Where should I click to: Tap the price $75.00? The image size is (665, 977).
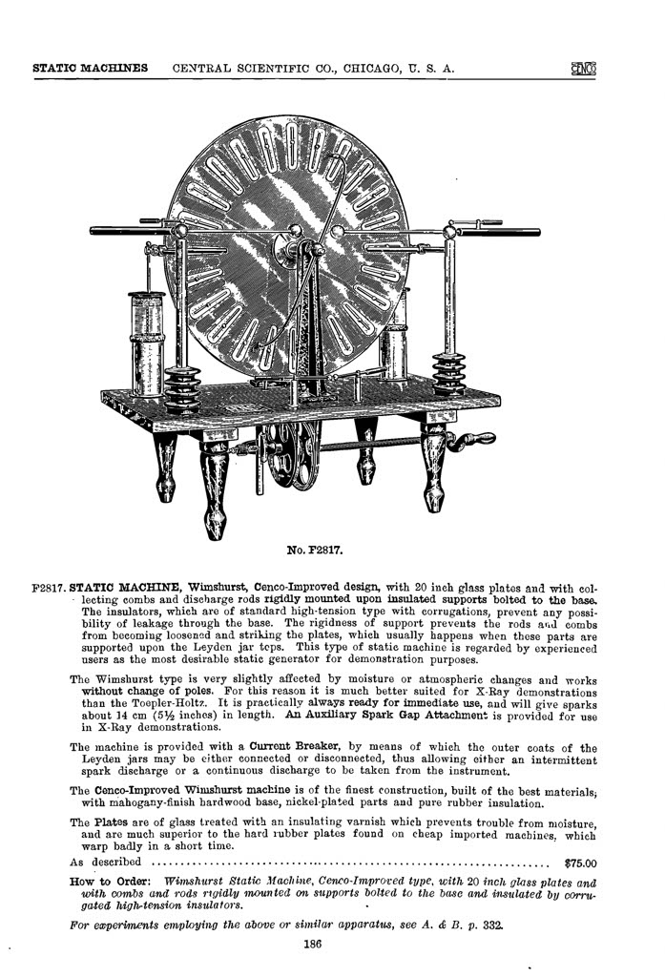[580, 864]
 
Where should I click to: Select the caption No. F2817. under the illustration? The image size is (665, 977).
[315, 551]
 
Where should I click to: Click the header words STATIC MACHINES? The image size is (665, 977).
[90, 69]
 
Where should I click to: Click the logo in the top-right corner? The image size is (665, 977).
[584, 69]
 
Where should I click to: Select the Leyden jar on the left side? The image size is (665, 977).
[147, 343]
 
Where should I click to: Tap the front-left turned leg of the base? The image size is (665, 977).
[215, 487]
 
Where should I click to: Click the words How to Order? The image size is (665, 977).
[110, 881]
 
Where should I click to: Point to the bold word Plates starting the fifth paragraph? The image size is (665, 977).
[112, 822]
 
